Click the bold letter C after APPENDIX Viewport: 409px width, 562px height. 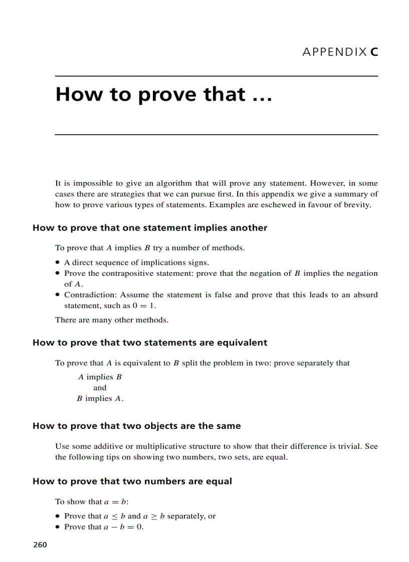click(x=374, y=52)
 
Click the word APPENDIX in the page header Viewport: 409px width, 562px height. click(x=334, y=52)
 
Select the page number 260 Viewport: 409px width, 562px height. click(x=40, y=545)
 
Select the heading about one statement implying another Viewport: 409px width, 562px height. click(x=150, y=228)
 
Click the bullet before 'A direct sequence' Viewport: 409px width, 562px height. click(x=58, y=262)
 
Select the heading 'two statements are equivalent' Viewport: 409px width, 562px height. click(x=150, y=343)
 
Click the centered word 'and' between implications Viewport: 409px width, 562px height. click(x=100, y=388)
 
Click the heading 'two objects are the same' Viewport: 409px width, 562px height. click(x=136, y=426)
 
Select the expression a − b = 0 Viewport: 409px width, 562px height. click(x=123, y=527)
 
